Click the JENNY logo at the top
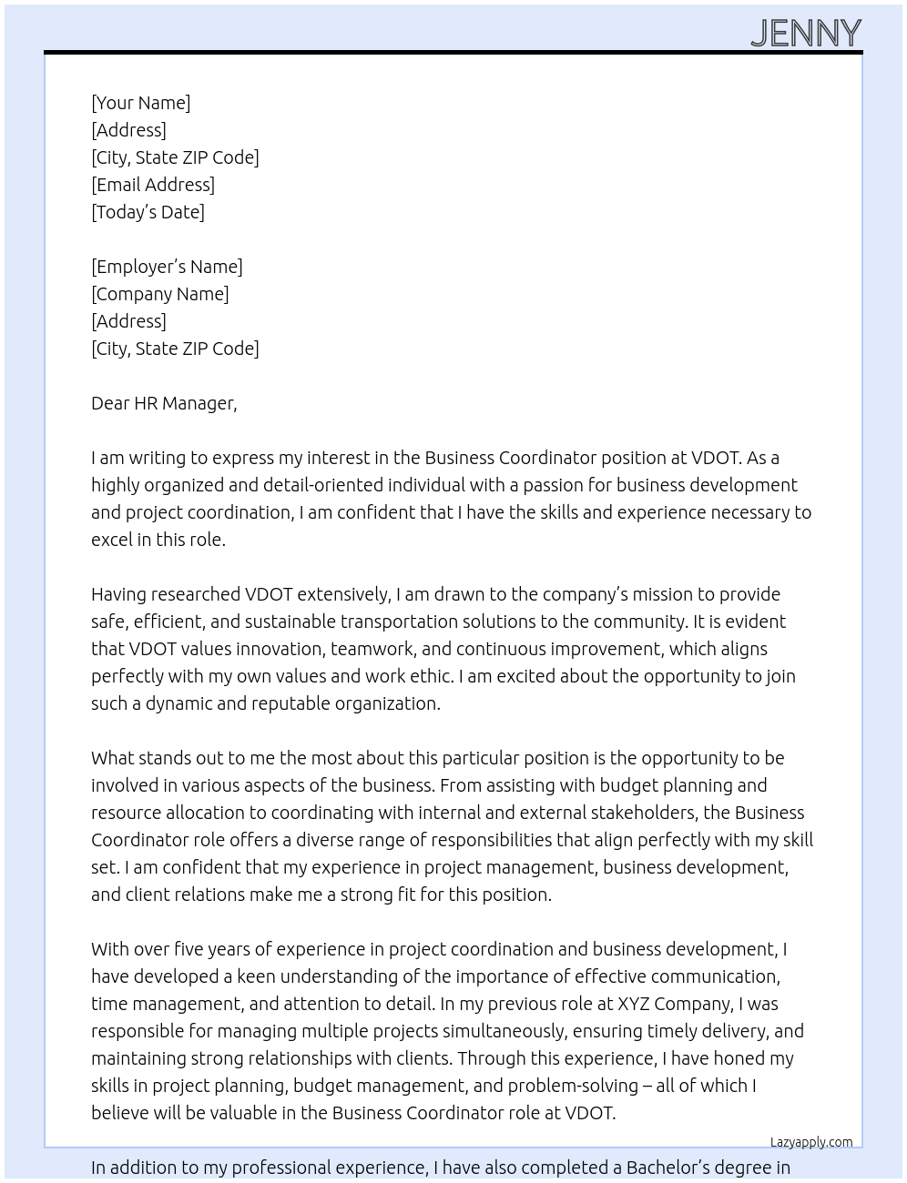[x=806, y=33]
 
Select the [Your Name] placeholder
[x=140, y=103]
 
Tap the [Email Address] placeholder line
[x=153, y=185]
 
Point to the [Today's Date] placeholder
[x=148, y=212]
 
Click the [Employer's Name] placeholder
[x=167, y=267]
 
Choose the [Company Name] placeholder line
[x=159, y=294]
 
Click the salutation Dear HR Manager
[x=164, y=403]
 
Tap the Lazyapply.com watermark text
[x=811, y=1142]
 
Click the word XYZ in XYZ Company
[x=634, y=1004]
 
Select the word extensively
[x=343, y=594]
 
